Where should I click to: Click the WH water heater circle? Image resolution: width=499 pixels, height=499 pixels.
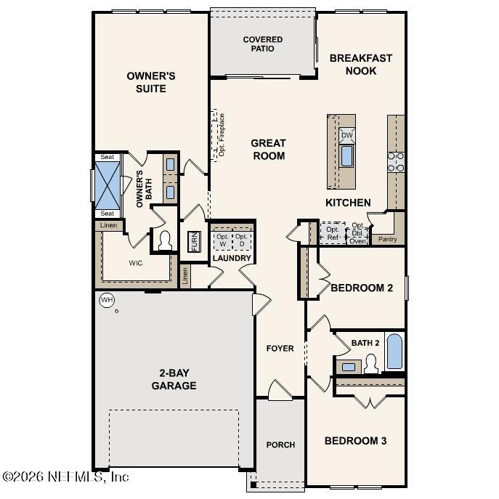(107, 300)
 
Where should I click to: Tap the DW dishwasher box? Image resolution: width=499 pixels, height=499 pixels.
(346, 136)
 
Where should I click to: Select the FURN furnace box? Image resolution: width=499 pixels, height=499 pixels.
(194, 242)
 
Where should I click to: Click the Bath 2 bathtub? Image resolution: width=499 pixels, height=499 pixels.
(394, 352)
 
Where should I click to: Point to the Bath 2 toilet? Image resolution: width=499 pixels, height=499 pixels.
(371, 364)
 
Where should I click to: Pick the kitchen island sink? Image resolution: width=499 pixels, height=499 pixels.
(347, 156)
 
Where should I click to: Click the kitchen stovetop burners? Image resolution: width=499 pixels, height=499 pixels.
(396, 162)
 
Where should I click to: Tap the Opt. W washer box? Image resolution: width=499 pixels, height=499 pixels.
(222, 240)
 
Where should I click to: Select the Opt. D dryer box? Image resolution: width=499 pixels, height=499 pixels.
(242, 240)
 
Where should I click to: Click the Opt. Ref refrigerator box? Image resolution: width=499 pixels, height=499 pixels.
(333, 233)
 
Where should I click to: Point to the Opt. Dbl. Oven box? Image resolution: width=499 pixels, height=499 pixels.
(357, 233)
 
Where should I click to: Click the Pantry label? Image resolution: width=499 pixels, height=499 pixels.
(387, 239)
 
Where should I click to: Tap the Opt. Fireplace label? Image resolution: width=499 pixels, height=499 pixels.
(222, 135)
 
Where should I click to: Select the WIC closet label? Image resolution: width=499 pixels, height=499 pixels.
(136, 263)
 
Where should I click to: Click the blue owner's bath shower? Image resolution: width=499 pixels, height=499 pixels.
(107, 185)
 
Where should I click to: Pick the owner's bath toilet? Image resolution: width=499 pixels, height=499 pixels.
(165, 240)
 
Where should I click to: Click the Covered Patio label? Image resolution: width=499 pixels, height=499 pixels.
(262, 44)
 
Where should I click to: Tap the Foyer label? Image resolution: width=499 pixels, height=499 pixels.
(280, 349)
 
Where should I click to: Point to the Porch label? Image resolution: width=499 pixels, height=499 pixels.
(280, 445)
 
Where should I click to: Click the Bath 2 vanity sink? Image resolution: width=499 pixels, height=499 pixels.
(349, 367)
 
